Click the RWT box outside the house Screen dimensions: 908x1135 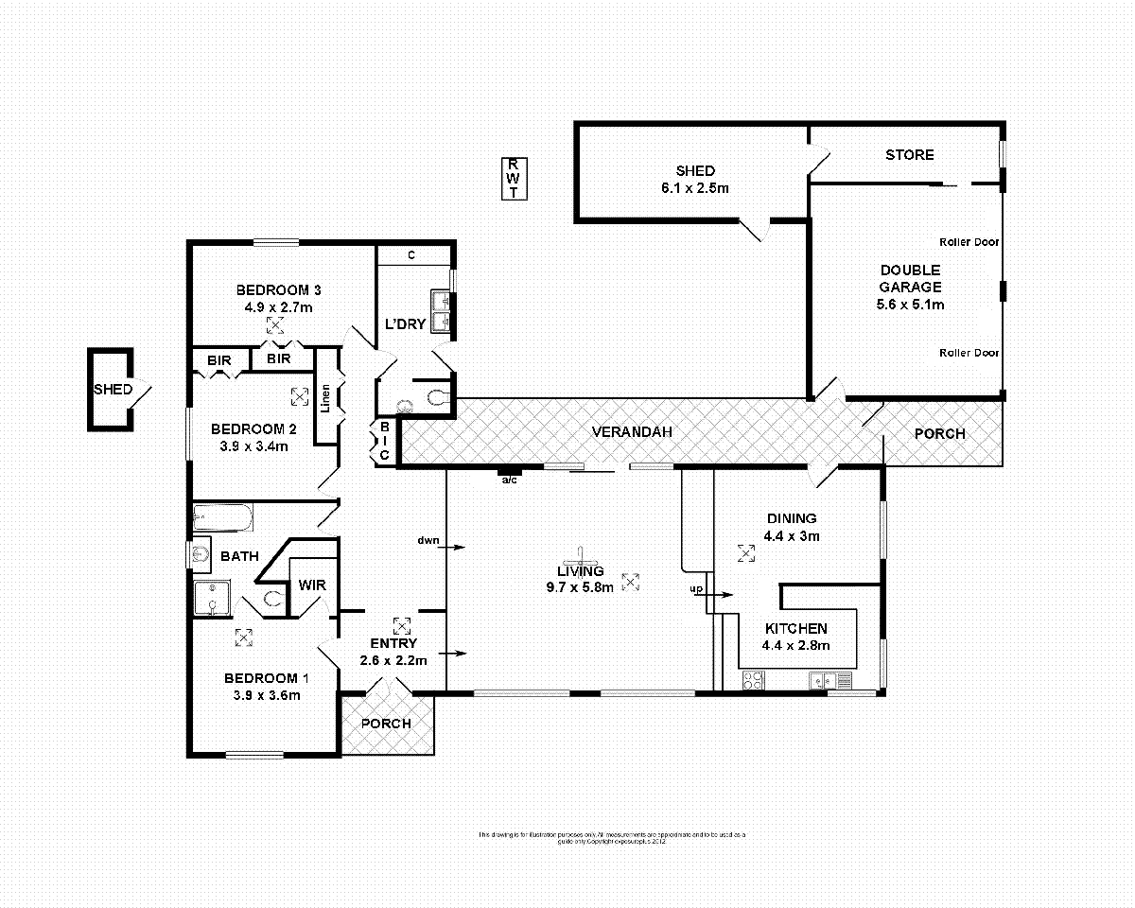(514, 178)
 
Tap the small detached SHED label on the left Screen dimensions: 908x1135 (112, 390)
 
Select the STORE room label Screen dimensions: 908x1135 (909, 155)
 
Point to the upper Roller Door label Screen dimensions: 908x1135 (969, 242)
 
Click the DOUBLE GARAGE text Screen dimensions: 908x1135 (910, 278)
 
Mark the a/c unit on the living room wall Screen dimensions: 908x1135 (509, 472)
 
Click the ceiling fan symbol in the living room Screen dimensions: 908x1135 (581, 557)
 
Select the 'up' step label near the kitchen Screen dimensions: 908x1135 (697, 590)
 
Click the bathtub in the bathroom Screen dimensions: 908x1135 (222, 519)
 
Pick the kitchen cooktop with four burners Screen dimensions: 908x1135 (754, 679)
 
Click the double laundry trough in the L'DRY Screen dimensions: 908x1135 (441, 312)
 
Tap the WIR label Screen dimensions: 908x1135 (312, 585)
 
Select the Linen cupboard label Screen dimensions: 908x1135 (325, 397)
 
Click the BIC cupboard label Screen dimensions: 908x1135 (384, 442)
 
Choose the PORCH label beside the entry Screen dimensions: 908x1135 (387, 724)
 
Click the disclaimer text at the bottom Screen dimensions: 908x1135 (612, 836)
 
